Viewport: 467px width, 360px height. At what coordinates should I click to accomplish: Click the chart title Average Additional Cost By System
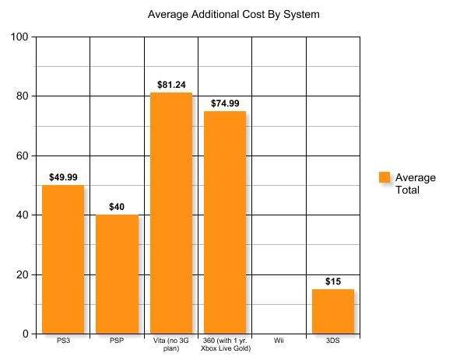(x=233, y=14)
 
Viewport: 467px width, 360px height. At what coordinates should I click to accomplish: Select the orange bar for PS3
(x=63, y=260)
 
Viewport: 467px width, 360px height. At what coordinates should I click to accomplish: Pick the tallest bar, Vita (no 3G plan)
(x=171, y=213)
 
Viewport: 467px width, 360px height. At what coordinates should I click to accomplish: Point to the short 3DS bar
(x=333, y=312)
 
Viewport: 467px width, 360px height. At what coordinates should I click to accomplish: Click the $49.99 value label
(x=63, y=177)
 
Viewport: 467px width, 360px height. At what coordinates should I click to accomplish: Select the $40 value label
(x=117, y=207)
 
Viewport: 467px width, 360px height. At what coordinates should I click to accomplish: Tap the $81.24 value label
(x=171, y=84)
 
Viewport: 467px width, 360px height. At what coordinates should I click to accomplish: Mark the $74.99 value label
(x=225, y=103)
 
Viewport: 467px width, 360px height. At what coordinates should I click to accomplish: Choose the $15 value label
(x=333, y=281)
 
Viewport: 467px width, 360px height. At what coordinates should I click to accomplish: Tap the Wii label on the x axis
(x=279, y=341)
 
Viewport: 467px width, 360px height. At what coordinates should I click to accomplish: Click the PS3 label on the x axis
(x=63, y=341)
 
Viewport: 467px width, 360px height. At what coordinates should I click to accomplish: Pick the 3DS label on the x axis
(x=333, y=341)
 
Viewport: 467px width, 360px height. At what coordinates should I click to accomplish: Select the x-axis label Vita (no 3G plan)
(x=171, y=344)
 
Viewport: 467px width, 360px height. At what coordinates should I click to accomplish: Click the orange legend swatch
(x=384, y=177)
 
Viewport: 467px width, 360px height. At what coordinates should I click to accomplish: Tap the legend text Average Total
(x=415, y=183)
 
